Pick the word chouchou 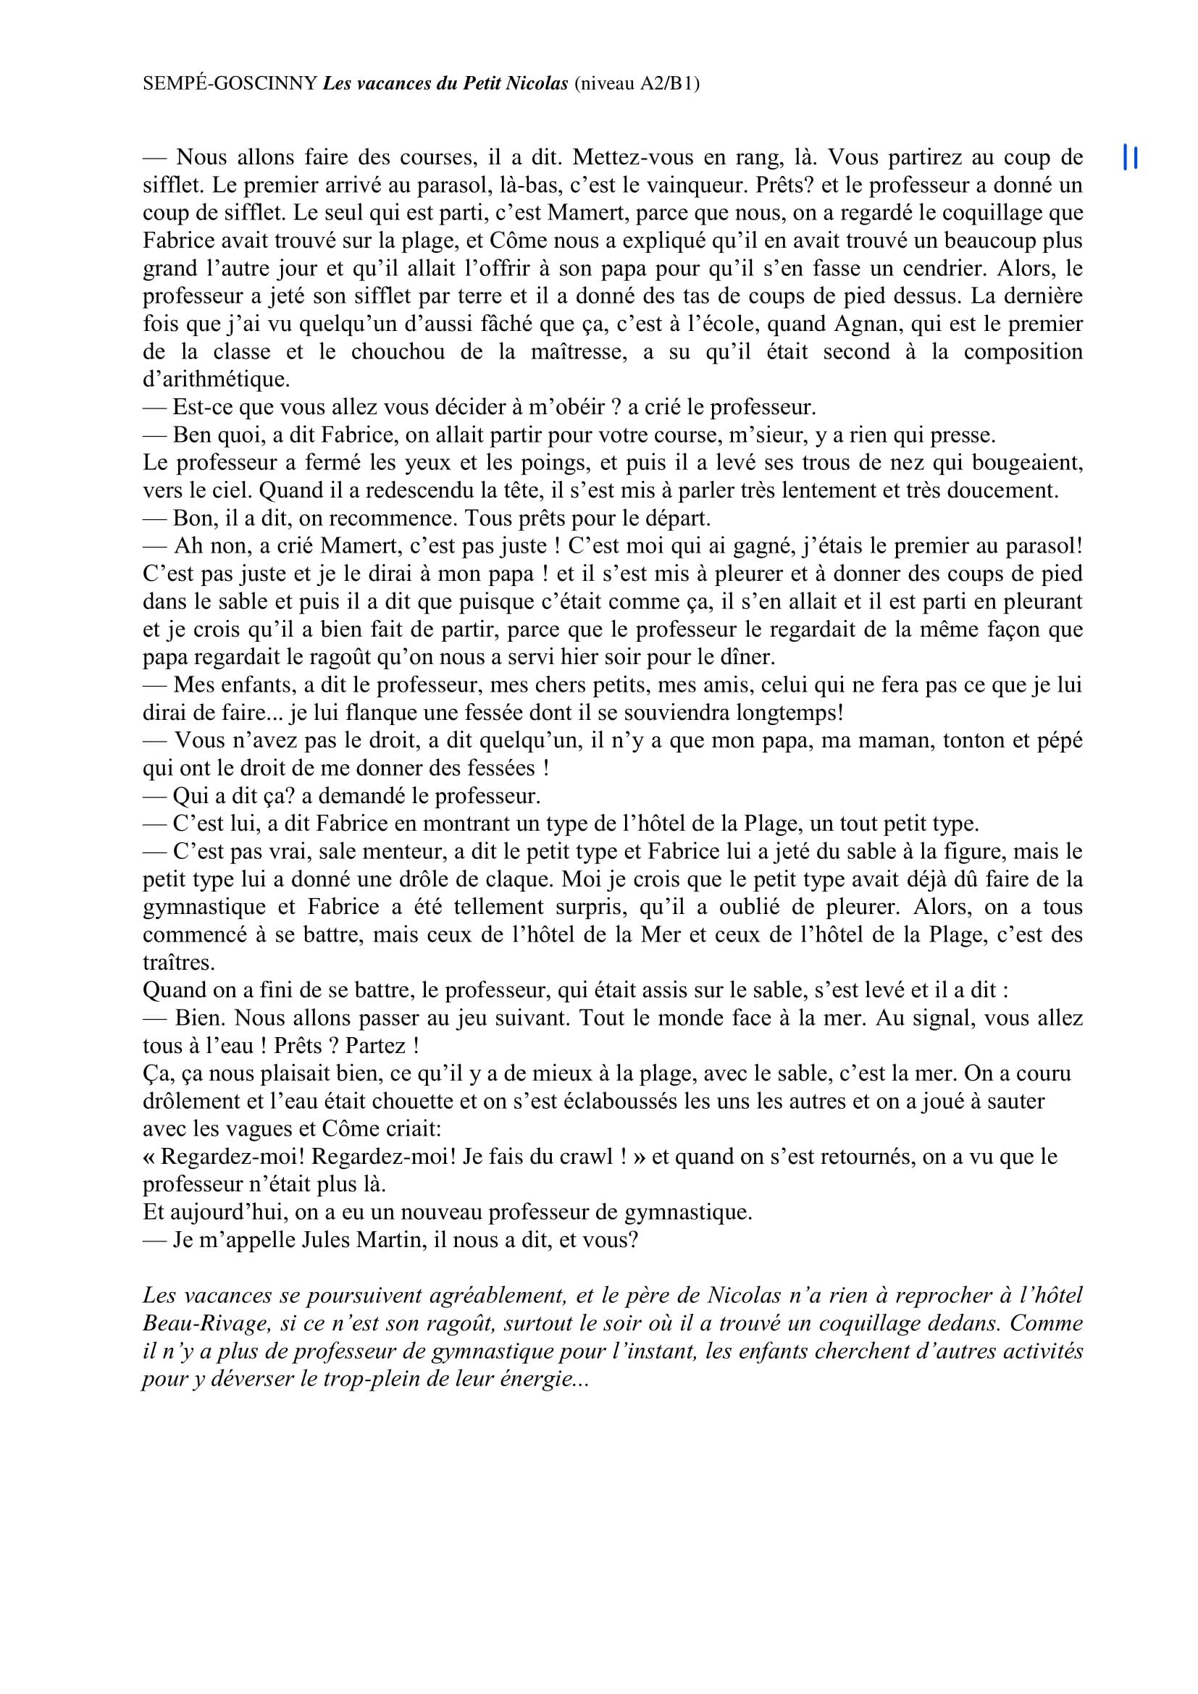397,352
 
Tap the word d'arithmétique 217,380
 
